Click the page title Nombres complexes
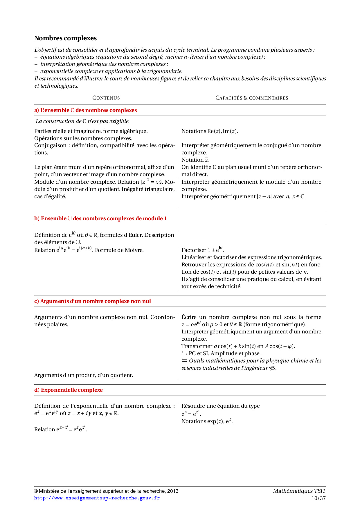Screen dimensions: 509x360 click(65, 38)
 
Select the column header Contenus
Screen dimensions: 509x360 click(106, 98)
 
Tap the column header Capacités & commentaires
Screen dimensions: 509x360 click(252, 98)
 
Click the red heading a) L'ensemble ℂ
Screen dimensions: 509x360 click(85, 110)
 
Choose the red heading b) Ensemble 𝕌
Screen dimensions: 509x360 click(100, 219)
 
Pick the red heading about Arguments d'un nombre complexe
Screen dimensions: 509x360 click(93, 301)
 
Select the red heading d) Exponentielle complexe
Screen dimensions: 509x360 click(69, 390)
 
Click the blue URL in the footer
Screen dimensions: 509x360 click(97, 498)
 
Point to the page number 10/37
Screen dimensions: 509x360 click(318, 498)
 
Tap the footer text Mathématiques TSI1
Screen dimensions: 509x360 click(299, 491)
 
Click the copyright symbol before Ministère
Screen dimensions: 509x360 click(36, 491)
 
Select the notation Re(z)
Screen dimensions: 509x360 click(214, 131)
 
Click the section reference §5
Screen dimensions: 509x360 click(273, 368)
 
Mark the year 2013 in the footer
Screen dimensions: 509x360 click(173, 491)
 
